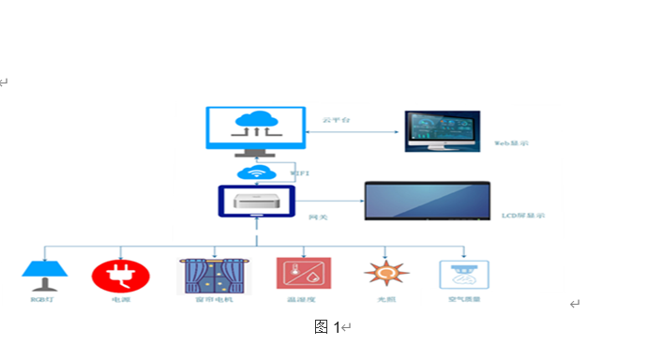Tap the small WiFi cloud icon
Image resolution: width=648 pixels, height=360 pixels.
pos(254,172)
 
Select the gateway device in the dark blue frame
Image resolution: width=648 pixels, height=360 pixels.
pos(256,202)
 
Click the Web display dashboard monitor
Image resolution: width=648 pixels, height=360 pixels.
pos(442,131)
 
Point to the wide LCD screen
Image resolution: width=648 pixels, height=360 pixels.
pos(427,202)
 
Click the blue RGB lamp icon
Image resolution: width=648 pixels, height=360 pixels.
pos(44,276)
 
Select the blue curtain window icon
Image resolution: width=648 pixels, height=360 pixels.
pos(215,276)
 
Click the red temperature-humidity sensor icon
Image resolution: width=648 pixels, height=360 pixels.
pos(303,274)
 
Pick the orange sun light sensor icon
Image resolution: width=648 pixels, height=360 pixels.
pos(385,274)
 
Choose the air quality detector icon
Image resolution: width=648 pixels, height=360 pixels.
pos(463,275)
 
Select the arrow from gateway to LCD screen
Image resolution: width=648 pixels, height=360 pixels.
pos(329,201)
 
